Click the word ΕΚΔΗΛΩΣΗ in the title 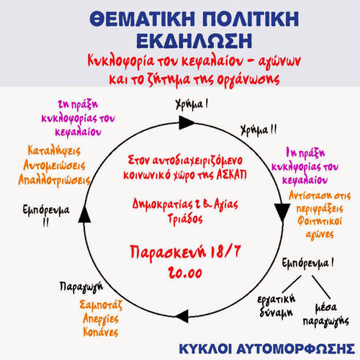194,41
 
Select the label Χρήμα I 192,105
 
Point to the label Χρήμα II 258,130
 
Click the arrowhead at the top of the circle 186,122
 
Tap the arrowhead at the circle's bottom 182,316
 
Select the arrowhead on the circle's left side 84,215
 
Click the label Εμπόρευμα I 307,264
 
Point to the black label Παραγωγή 81,287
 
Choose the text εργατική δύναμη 276,306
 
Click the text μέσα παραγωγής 326,315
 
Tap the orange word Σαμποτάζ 101,305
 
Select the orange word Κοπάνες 101,332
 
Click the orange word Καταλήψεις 54,151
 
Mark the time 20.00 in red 185,273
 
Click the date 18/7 225,252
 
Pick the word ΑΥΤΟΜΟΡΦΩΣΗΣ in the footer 296,348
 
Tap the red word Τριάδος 185,219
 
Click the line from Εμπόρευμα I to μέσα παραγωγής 321,287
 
